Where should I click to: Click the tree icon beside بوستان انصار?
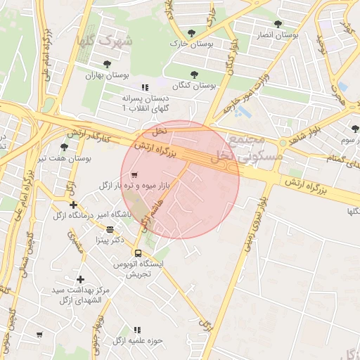(x=278, y=24)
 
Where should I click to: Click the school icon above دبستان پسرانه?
(x=145, y=88)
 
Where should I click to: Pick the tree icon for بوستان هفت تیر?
(x=64, y=148)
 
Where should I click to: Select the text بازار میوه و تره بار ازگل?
(x=133, y=185)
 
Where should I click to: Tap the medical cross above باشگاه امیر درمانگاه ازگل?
(x=73, y=205)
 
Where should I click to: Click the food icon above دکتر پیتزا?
(x=110, y=229)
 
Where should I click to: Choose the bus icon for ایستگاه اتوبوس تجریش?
(x=138, y=253)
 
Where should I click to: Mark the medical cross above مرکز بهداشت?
(x=80, y=279)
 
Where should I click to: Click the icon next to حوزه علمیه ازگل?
(x=137, y=329)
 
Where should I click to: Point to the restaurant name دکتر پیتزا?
(x=129, y=240)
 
